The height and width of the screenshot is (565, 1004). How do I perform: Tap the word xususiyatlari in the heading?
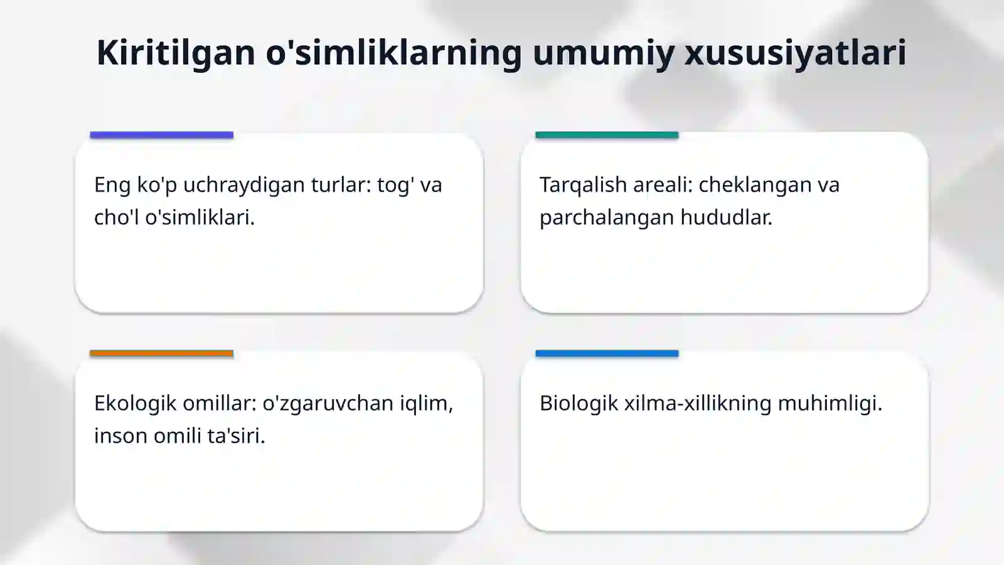pyautogui.click(x=795, y=52)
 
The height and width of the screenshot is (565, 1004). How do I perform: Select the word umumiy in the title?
pyautogui.click(x=602, y=52)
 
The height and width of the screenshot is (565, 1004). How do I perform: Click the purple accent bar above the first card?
pyautogui.click(x=161, y=135)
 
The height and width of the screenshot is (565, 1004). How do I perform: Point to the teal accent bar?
pyautogui.click(x=607, y=135)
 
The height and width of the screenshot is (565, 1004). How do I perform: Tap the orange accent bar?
pyautogui.click(x=161, y=353)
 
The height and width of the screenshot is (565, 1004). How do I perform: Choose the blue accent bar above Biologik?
pyautogui.click(x=607, y=353)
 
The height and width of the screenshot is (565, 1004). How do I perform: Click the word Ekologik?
pyautogui.click(x=135, y=403)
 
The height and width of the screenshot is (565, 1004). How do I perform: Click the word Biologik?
pyautogui.click(x=579, y=403)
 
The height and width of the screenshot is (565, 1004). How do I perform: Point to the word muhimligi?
pyautogui.click(x=830, y=403)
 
